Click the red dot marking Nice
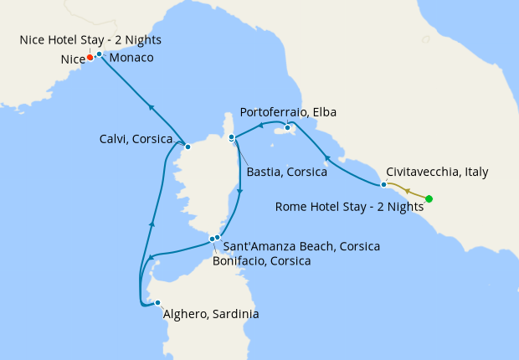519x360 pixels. [x=90, y=58]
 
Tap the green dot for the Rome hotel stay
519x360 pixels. [x=429, y=198]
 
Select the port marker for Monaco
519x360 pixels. [x=99, y=54]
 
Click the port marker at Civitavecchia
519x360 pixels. [x=383, y=184]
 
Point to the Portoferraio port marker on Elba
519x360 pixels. [x=287, y=127]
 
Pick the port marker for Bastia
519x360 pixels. [x=232, y=136]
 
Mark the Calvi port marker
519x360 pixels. [x=188, y=147]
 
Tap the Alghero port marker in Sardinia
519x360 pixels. [x=157, y=303]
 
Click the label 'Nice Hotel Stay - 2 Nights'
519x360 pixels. [x=91, y=39]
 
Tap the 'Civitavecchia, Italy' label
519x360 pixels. [x=438, y=172]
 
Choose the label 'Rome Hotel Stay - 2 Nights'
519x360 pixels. [x=349, y=207]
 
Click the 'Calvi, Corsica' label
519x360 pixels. [x=136, y=139]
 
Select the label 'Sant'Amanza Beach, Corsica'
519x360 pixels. [x=302, y=246]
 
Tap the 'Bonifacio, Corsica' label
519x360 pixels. [x=262, y=260]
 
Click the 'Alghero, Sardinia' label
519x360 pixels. [x=211, y=314]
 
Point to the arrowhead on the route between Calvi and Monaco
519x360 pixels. [x=152, y=106]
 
